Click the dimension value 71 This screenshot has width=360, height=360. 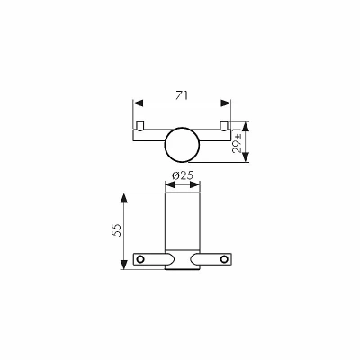coord(182,95)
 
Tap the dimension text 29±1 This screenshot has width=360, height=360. coord(238,141)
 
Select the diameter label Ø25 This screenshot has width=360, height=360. coord(183,175)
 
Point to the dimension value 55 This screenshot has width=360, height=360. coord(117,230)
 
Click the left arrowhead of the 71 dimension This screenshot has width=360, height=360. coord(138,103)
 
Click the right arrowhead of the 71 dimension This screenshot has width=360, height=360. coord(226,103)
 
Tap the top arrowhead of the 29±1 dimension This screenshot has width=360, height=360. coord(246,126)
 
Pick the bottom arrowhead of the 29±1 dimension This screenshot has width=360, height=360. coord(246,157)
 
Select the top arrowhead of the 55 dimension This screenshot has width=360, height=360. coord(124,198)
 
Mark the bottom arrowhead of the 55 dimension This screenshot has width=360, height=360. coord(124,265)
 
